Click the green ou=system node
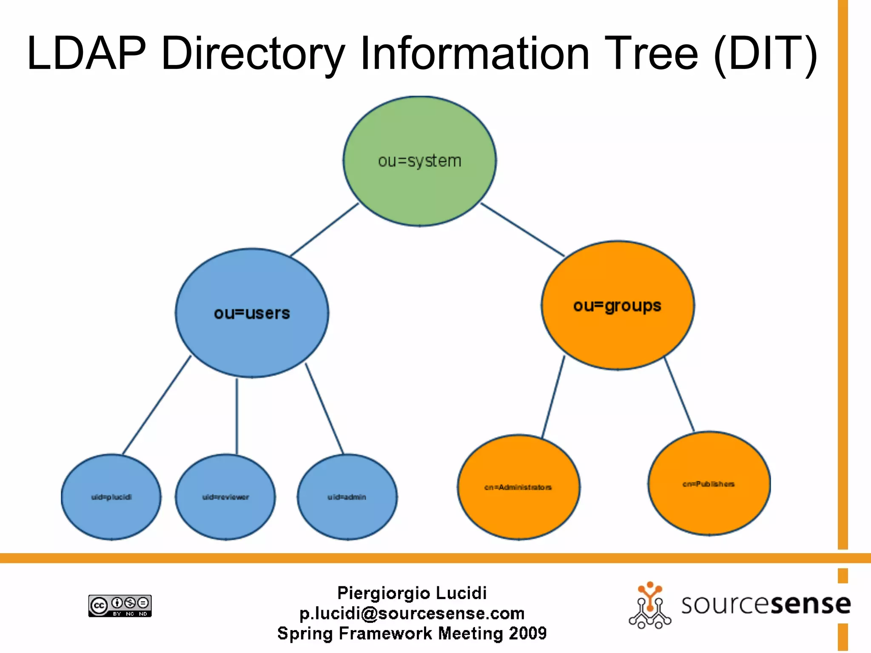(419, 161)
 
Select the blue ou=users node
(252, 313)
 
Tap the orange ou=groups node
(618, 306)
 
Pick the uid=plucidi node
(111, 497)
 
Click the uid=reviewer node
(225, 497)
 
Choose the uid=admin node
(347, 497)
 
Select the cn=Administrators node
(518, 487)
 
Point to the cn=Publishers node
(709, 484)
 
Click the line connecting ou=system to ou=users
(324, 230)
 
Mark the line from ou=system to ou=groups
(523, 230)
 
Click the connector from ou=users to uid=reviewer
(237, 417)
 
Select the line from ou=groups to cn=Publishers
(679, 395)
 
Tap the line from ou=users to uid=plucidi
(157, 405)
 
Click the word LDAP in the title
(86, 54)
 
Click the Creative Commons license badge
(120, 605)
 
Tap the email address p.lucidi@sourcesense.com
(412, 613)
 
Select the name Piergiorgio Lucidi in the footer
(412, 593)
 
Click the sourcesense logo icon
(650, 605)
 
